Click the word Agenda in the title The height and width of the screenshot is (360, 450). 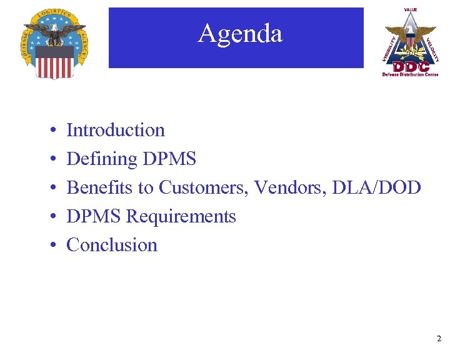(x=240, y=33)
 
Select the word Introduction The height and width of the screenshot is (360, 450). (x=116, y=130)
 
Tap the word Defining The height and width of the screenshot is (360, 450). (x=102, y=159)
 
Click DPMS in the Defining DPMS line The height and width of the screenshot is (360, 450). (x=169, y=159)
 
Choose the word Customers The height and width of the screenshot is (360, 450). (x=199, y=187)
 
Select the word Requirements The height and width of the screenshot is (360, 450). (x=181, y=216)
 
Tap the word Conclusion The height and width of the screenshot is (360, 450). (x=112, y=245)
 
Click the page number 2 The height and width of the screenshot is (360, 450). (x=439, y=339)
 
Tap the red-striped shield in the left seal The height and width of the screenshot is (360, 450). (x=54, y=61)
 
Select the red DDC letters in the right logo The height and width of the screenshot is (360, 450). (x=410, y=66)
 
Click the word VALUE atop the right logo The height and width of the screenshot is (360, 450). (x=411, y=10)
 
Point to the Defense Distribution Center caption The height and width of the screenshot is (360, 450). (x=411, y=74)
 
